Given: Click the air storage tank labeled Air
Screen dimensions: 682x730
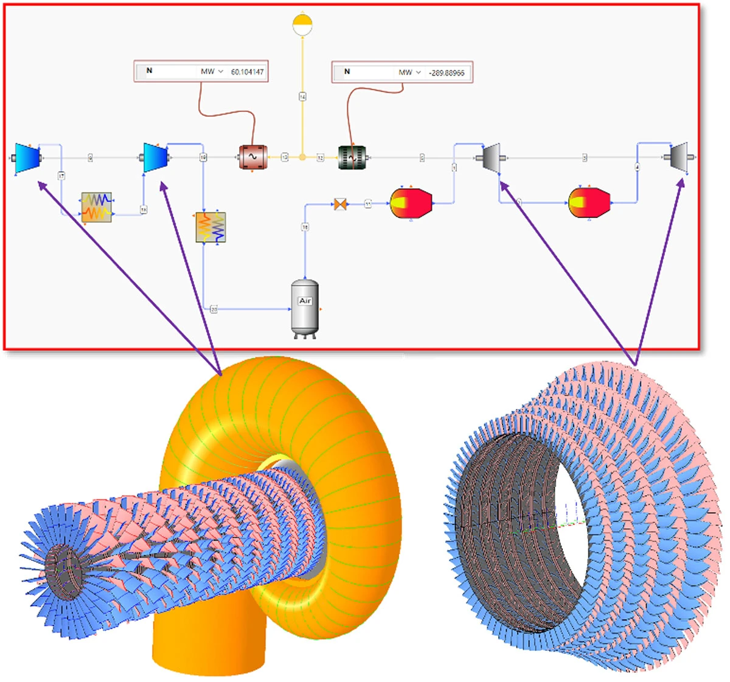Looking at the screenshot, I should [x=305, y=308].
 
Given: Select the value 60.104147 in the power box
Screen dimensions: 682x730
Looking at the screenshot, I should [x=247, y=72].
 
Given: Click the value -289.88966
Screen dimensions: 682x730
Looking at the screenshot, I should [x=446, y=72].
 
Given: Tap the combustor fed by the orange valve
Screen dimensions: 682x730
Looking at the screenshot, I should [x=410, y=203].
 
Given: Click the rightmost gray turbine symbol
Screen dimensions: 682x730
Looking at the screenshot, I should [x=679, y=157].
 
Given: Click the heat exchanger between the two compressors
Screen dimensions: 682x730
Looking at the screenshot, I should [x=97, y=208].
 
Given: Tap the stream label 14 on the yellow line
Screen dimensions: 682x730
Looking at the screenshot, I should [x=302, y=96].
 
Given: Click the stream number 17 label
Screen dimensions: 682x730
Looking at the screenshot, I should [x=61, y=176].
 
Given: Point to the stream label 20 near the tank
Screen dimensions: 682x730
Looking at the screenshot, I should [x=214, y=309].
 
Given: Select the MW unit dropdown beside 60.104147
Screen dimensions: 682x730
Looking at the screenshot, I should [x=212, y=72].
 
